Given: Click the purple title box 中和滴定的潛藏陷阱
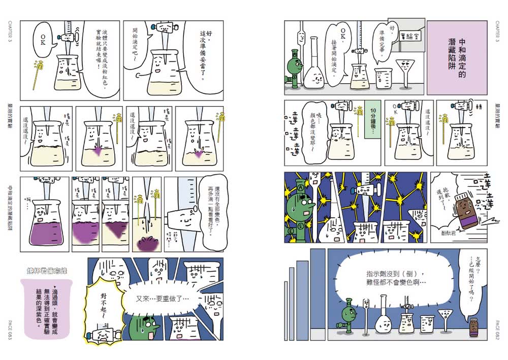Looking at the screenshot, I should pos(455,57).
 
